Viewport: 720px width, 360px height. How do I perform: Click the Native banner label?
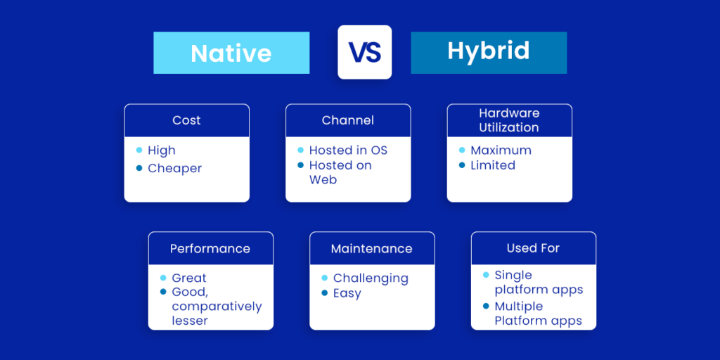click(231, 53)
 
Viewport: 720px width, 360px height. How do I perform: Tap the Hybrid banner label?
click(489, 51)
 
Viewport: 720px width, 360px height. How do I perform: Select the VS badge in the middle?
click(364, 52)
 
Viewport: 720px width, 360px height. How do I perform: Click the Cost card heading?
click(186, 120)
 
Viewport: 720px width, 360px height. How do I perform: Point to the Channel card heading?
click(348, 120)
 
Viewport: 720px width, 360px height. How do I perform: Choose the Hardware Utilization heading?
click(509, 120)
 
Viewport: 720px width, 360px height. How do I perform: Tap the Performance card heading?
click(210, 248)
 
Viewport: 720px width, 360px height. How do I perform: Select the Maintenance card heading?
click(372, 248)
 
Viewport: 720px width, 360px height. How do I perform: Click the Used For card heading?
click(533, 248)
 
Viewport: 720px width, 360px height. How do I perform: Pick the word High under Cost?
click(162, 150)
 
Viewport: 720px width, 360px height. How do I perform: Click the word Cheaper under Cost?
click(175, 169)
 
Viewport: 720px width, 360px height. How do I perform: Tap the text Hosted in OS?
click(348, 150)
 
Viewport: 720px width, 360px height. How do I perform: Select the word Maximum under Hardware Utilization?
click(501, 150)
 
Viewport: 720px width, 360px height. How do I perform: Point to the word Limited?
click(493, 166)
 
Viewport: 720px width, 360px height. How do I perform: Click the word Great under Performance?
click(189, 278)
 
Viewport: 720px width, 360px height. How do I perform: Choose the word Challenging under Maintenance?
click(371, 278)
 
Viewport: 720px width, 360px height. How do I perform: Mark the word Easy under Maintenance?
click(347, 294)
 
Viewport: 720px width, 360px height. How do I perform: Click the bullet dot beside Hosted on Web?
click(301, 165)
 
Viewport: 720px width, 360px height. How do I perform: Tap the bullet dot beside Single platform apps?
click(486, 275)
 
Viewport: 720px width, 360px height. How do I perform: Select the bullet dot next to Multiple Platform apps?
click(486, 306)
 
